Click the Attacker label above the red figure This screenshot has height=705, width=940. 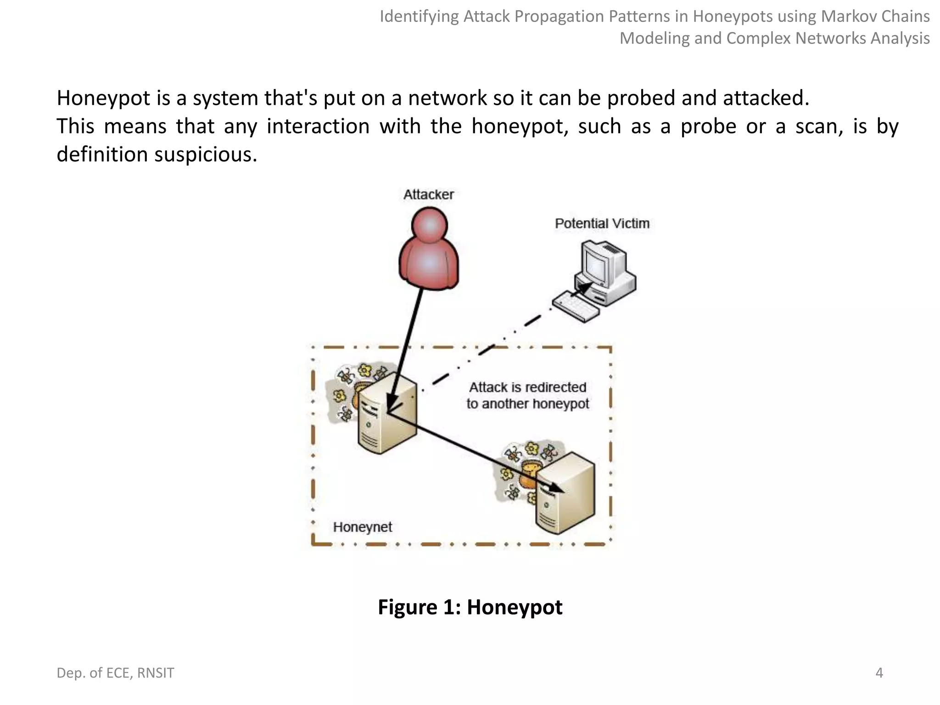tap(428, 195)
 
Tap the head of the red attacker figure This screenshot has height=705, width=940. tap(430, 225)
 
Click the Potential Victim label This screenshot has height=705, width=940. tap(602, 224)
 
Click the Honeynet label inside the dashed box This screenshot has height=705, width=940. tap(362, 527)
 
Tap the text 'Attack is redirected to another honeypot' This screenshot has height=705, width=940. tap(527, 395)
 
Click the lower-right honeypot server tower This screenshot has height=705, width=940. tap(566, 493)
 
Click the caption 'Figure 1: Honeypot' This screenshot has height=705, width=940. tap(470, 607)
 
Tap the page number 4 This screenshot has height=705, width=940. tap(879, 673)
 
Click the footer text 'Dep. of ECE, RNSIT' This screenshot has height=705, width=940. tap(115, 673)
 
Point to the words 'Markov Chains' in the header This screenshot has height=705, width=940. tap(875, 17)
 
